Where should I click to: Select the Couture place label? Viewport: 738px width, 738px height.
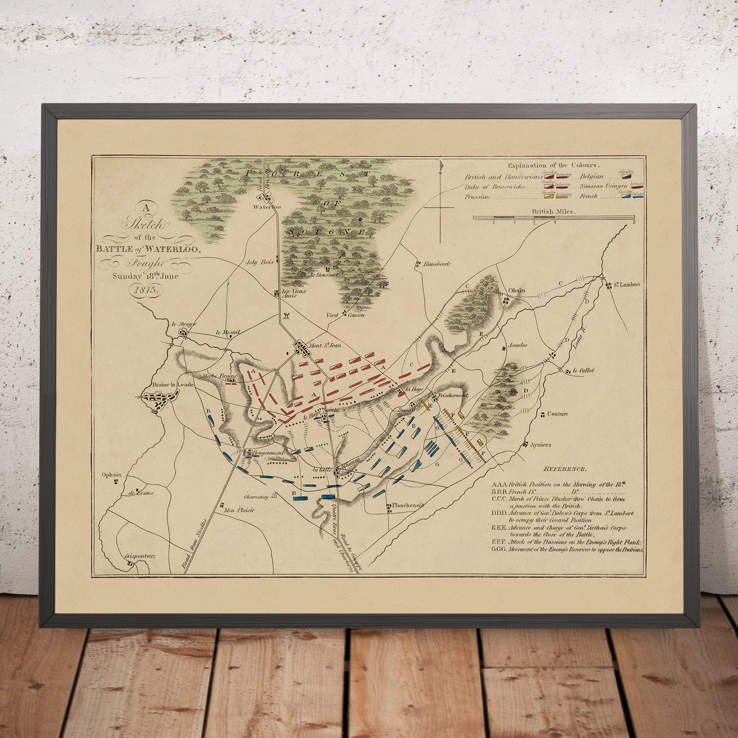(557, 414)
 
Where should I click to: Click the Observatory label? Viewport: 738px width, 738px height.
(256, 497)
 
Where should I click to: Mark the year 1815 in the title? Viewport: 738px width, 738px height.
(145, 290)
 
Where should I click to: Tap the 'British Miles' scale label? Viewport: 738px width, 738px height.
(553, 212)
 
